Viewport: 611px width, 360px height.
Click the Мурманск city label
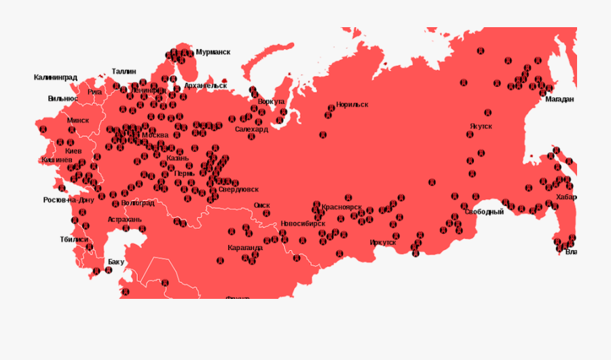tap(212, 52)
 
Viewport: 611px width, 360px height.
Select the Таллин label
tap(124, 71)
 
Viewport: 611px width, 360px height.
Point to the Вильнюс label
tap(62, 98)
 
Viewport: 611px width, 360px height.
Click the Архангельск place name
tap(205, 86)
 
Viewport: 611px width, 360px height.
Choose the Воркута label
tap(271, 101)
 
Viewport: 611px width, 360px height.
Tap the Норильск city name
tap(352, 105)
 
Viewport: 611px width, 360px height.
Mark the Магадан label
tap(559, 99)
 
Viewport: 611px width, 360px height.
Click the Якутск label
tap(481, 126)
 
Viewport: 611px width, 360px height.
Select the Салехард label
tap(251, 128)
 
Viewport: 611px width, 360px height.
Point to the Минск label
tap(78, 120)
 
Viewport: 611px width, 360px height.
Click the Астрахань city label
tap(124, 219)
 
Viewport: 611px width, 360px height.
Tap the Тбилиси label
tap(74, 239)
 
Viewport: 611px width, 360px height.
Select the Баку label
tap(116, 262)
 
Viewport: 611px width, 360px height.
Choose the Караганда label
tap(245, 247)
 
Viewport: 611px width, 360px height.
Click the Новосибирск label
tap(303, 223)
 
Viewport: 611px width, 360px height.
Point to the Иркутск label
tap(383, 242)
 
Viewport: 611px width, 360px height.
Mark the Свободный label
tap(485, 212)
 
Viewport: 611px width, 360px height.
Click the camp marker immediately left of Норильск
tap(331, 107)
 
